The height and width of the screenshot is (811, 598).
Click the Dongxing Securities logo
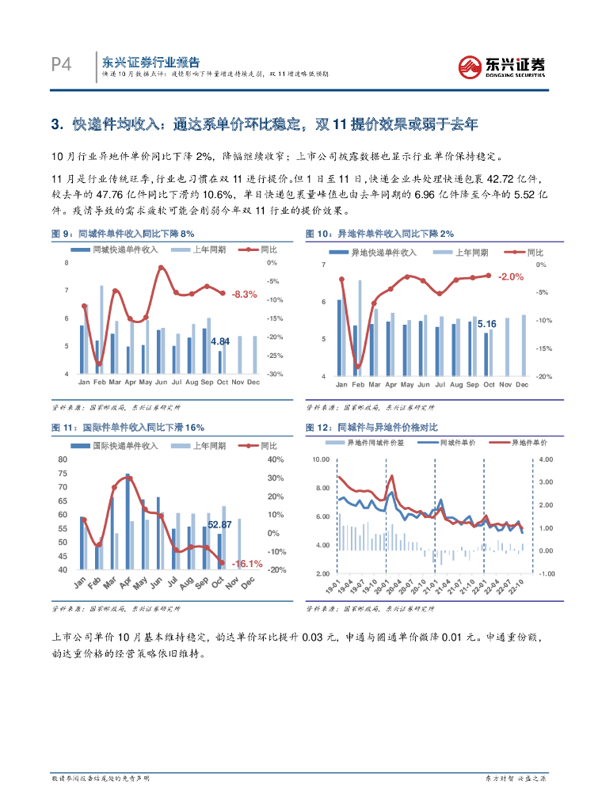click(502, 65)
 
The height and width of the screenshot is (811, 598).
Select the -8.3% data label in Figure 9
click(245, 294)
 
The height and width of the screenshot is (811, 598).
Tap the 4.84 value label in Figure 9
click(220, 341)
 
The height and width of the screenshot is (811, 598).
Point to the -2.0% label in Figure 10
click(512, 276)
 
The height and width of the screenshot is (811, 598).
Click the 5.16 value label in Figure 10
click(486, 324)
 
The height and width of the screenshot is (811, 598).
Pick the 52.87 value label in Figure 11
click(219, 524)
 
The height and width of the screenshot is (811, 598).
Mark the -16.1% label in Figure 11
click(246, 563)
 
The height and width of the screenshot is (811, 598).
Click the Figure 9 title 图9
click(62, 234)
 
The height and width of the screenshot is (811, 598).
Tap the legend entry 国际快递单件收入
click(125, 445)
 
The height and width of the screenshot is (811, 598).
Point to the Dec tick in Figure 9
click(253, 382)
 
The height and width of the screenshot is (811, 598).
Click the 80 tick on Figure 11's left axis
click(63, 459)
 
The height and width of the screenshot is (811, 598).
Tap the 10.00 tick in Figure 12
click(320, 459)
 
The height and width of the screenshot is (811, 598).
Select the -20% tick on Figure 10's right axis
click(544, 376)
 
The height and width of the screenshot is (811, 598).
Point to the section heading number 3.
click(56, 124)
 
